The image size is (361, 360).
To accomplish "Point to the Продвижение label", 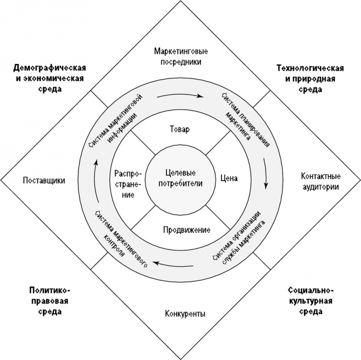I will [x=186, y=229].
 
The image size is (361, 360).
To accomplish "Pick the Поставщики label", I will [x=44, y=180].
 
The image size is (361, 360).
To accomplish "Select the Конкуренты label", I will [x=184, y=314].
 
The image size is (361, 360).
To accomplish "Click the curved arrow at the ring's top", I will [x=180, y=96].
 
